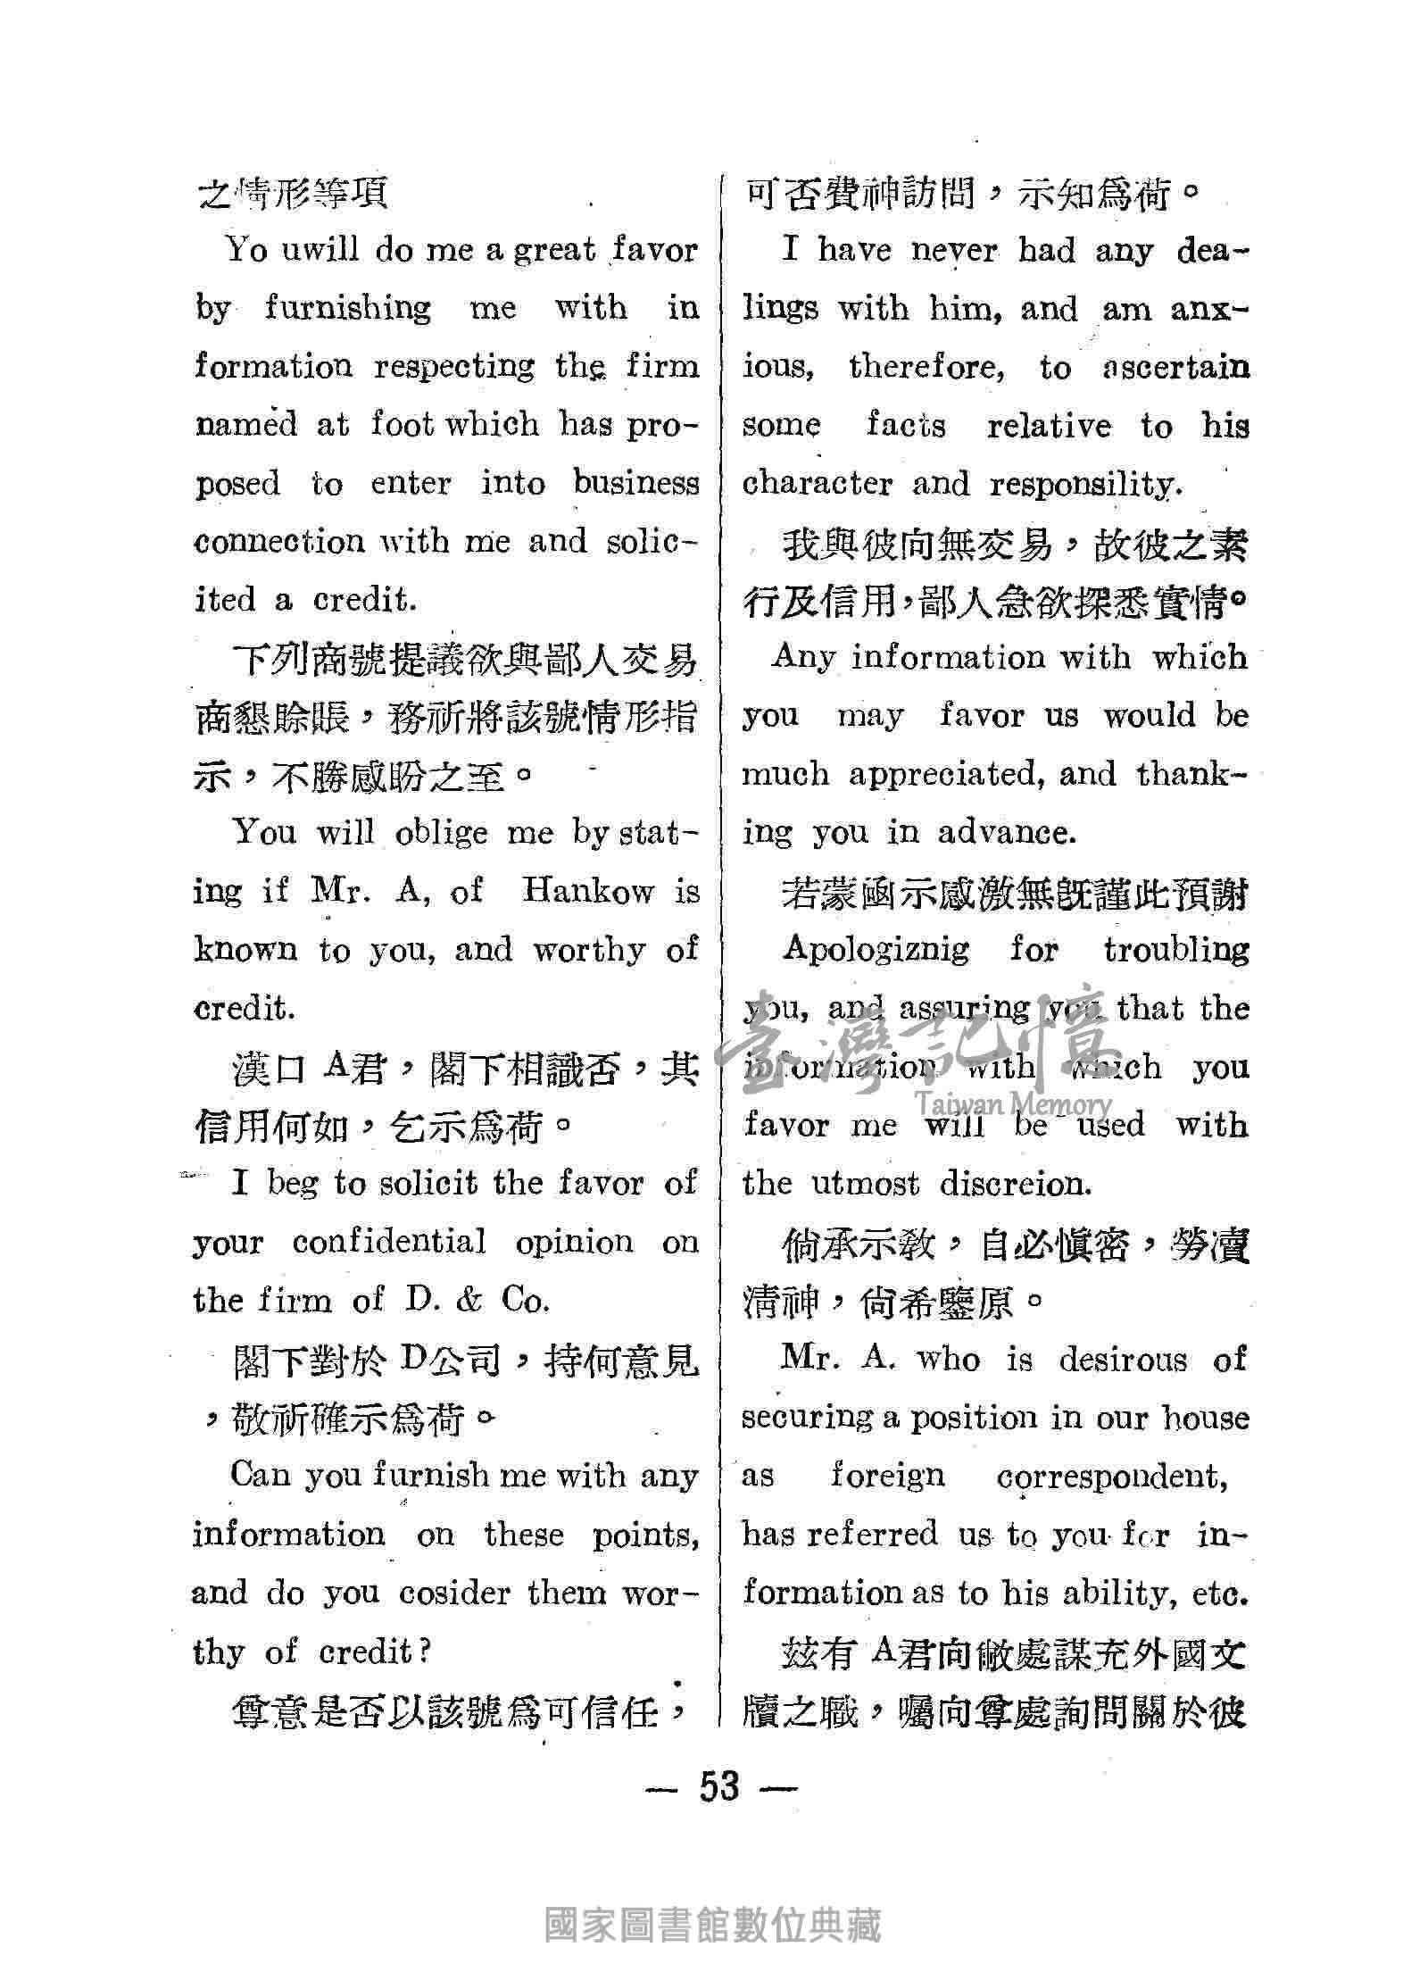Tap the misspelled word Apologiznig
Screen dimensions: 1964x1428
tap(875, 948)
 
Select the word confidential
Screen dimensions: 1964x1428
tap(389, 1242)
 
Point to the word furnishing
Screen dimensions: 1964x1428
tap(347, 308)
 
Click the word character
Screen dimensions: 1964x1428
tap(817, 484)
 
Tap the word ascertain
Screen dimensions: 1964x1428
tap(1175, 368)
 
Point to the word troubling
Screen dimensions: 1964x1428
tap(1175, 950)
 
